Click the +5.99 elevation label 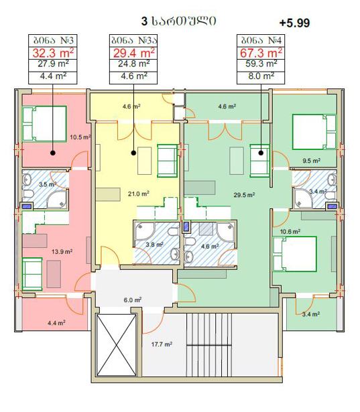(x=294, y=23)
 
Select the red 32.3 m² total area (x=53, y=53)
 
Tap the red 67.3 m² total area (x=261, y=53)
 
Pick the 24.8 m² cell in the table (x=133, y=64)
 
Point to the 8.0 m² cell (x=261, y=76)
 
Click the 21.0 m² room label (x=139, y=194)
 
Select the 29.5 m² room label (x=244, y=195)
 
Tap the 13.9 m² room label (x=62, y=251)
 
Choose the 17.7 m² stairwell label (x=162, y=344)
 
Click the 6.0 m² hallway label (x=133, y=300)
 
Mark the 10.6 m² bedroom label (x=290, y=232)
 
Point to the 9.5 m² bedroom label (x=311, y=160)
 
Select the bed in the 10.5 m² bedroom (x=44, y=124)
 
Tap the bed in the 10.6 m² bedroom (x=294, y=254)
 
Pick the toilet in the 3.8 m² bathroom (x=173, y=232)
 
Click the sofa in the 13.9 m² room (x=32, y=274)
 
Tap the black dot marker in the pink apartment (x=52, y=153)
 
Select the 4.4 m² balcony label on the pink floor (x=56, y=323)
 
